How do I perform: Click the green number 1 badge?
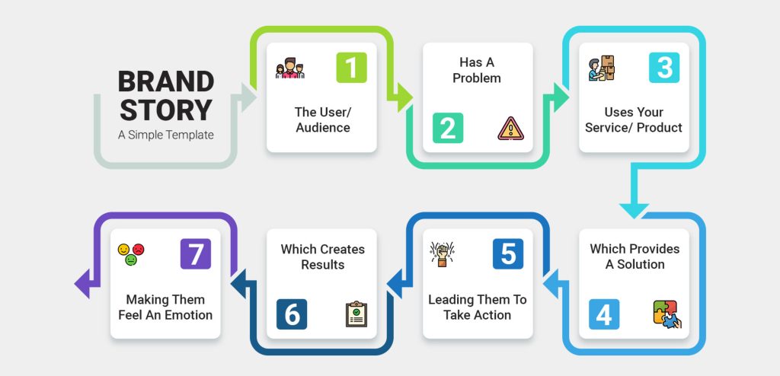pyautogui.click(x=351, y=68)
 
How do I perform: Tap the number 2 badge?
pyautogui.click(x=447, y=128)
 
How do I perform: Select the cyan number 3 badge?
pyautogui.click(x=664, y=68)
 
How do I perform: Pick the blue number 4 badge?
pyautogui.click(x=603, y=314)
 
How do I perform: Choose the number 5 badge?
pyautogui.click(x=508, y=254)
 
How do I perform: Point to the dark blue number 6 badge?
pyautogui.click(x=291, y=314)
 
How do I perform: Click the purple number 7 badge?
pyautogui.click(x=196, y=254)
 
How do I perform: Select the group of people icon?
pyautogui.click(x=289, y=69)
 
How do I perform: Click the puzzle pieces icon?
pyautogui.click(x=665, y=314)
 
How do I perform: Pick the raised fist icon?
pyautogui.click(x=440, y=254)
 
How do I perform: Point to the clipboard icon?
pyautogui.click(x=356, y=314)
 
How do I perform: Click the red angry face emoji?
pyautogui.click(x=139, y=249)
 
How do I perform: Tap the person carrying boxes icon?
pyautogui.click(x=601, y=69)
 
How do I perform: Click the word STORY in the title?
pyautogui.click(x=165, y=110)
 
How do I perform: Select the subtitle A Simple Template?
pyautogui.click(x=165, y=135)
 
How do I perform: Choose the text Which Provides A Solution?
pyautogui.click(x=635, y=257)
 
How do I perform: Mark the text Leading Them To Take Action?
pyautogui.click(x=477, y=307)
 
